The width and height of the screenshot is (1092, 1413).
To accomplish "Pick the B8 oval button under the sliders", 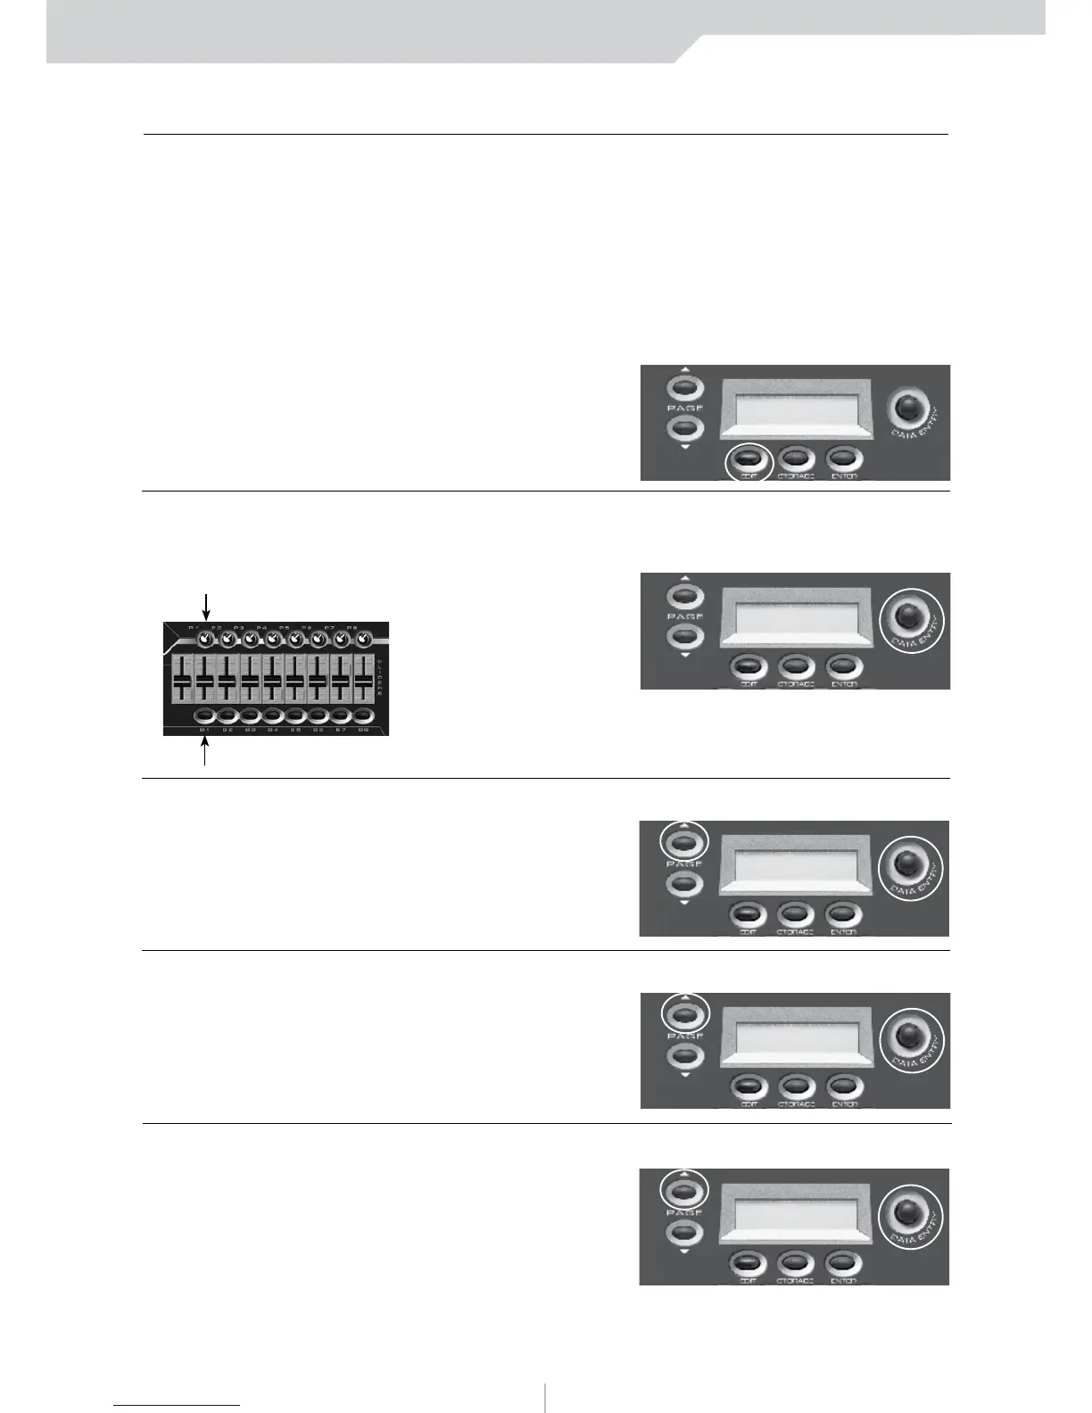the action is (363, 715).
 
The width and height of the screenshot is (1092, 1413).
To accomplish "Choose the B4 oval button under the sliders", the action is (272, 715).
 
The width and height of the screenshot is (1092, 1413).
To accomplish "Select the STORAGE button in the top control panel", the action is (796, 459).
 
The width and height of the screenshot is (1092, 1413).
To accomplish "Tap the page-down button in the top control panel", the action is (684, 428).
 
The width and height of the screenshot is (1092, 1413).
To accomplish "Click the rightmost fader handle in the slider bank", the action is (363, 683).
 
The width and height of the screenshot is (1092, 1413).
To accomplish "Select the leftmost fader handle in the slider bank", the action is (182, 683).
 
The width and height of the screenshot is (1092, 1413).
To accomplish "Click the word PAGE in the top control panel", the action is (684, 409).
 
